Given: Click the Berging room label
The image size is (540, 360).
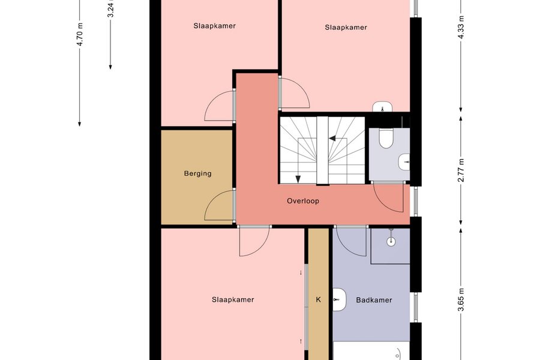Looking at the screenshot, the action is point(197,173).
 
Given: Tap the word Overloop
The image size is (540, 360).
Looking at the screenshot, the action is point(303,201).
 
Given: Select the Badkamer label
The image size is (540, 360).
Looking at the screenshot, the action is point(374,300).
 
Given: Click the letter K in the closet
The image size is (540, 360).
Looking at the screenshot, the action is point(318,300).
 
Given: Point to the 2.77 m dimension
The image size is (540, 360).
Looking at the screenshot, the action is point(461,170).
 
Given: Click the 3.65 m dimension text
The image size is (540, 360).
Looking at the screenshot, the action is point(461,299).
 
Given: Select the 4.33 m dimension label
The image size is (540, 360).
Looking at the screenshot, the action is point(461,28).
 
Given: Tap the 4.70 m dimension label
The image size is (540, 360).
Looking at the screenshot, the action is point(80,34).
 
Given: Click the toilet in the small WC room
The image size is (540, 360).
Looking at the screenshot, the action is point(386,138).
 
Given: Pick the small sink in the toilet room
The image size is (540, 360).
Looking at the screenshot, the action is point(404,162).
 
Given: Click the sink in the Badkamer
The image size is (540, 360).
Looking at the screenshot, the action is point(339,300).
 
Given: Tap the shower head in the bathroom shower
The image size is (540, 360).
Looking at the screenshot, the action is point(391,241).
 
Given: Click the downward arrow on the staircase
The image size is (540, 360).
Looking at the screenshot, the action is point(298,179).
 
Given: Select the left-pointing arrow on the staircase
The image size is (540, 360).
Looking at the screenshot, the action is point(332,139).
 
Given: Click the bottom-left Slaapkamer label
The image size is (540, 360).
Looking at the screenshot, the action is point(233,300).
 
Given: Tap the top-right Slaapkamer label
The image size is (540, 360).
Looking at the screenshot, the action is point(346,27).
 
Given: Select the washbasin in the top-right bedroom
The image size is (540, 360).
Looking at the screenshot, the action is point(383,107).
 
